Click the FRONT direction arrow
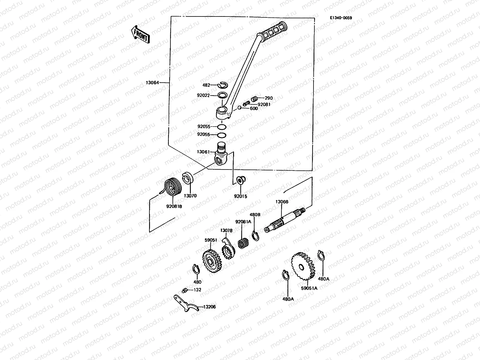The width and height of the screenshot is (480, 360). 140,34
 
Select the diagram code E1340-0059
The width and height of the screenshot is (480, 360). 341,18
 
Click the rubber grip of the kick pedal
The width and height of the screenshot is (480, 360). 273,32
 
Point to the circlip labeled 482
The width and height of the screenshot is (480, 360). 223,85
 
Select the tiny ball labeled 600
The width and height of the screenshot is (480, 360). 239,108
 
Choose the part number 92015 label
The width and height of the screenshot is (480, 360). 240,196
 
